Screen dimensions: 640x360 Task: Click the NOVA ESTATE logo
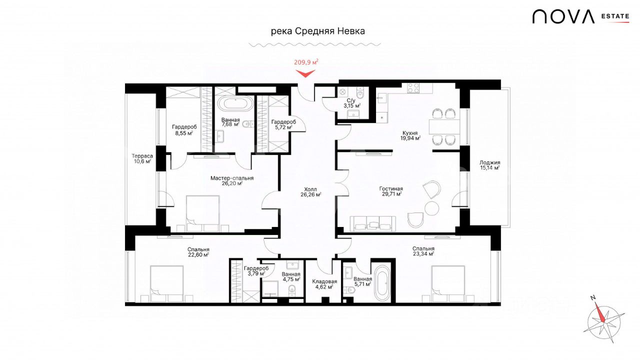click(580, 16)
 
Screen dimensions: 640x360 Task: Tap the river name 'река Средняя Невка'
click(317, 31)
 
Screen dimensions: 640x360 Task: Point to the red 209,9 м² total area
click(306, 62)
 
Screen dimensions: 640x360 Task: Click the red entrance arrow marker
click(305, 73)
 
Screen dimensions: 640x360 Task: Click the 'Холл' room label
click(310, 189)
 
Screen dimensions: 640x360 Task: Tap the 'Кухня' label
click(410, 133)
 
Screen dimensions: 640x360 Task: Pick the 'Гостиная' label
click(391, 189)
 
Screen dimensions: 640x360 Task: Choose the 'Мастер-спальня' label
click(232, 178)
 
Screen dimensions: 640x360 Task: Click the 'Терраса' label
click(142, 156)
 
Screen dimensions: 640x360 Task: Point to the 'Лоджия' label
click(489, 162)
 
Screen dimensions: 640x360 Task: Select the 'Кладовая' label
click(324, 281)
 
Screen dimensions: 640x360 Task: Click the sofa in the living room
click(373, 223)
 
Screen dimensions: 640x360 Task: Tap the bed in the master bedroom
click(203, 213)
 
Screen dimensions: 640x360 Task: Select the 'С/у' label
click(351, 100)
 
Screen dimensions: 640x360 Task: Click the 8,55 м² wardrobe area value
click(184, 133)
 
